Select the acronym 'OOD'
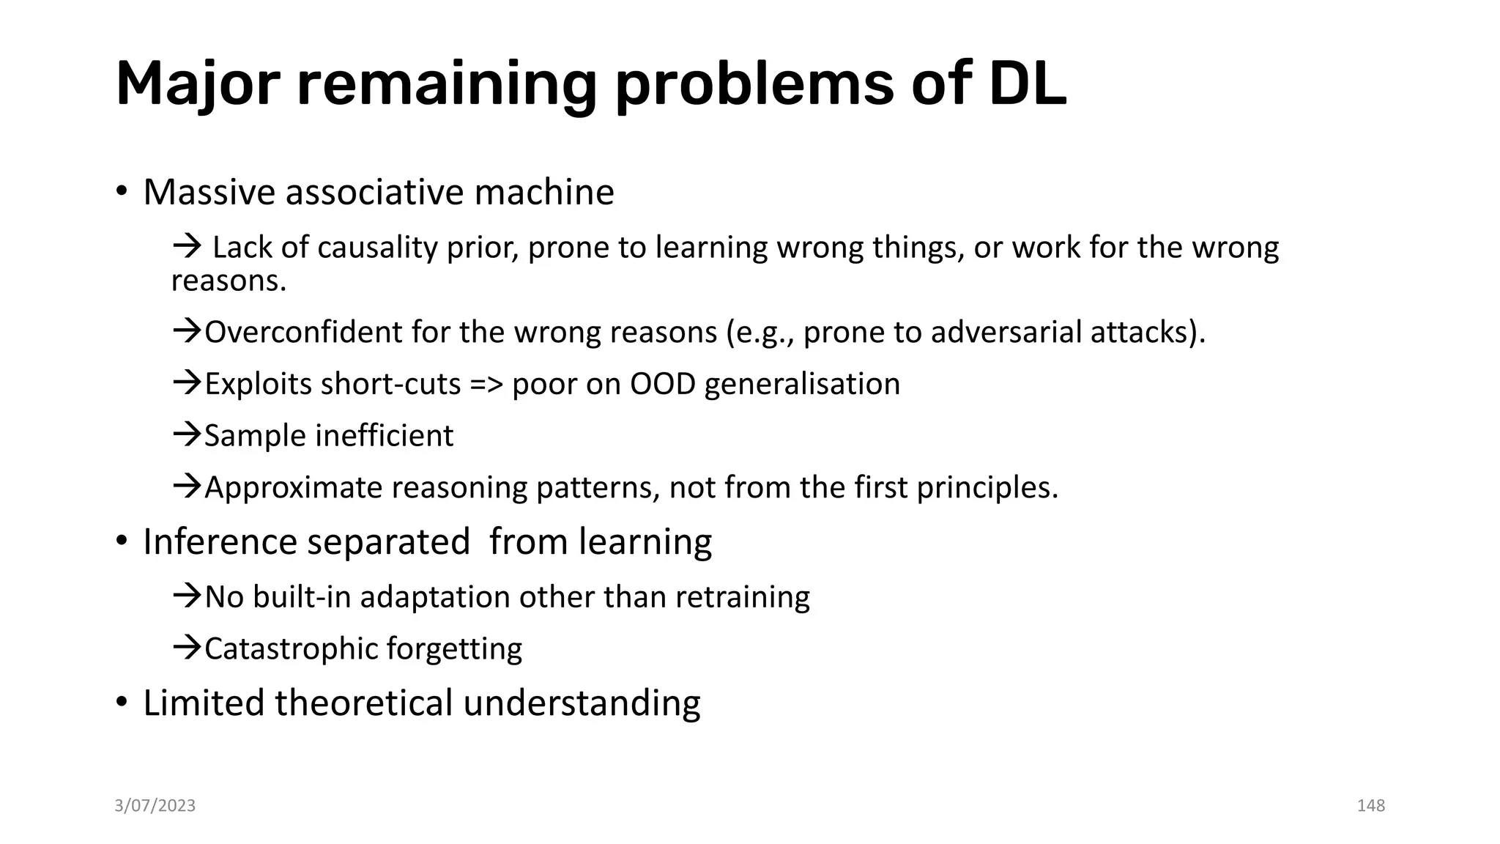662,384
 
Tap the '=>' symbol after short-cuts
486,385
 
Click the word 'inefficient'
385,436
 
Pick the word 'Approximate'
293,488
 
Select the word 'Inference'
219,542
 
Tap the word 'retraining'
742,597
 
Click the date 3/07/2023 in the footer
155,806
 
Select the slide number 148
1370,806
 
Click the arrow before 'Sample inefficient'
187,435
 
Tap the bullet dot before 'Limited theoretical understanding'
122,703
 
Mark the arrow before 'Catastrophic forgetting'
187,648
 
